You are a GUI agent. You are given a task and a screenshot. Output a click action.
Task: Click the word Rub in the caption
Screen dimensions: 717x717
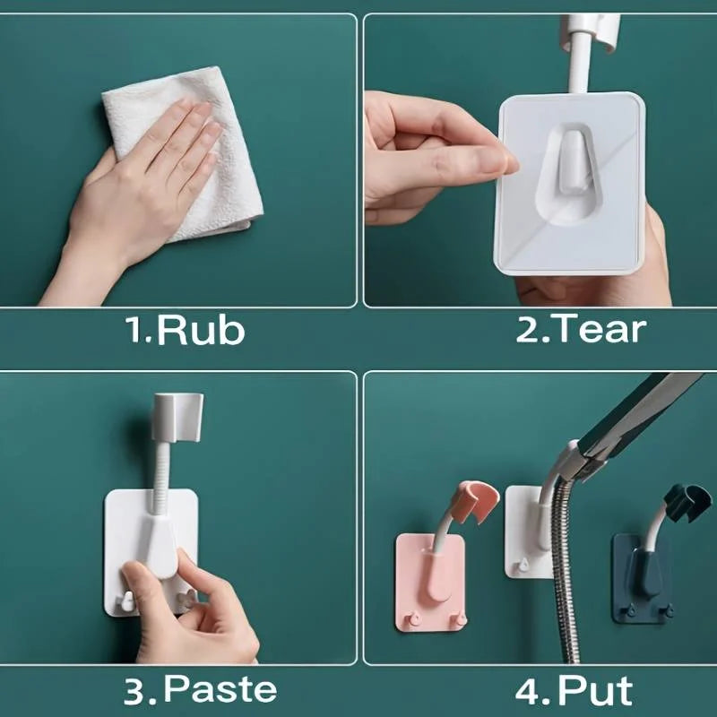(x=201, y=330)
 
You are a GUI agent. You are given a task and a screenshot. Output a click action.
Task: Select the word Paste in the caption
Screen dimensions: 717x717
(x=220, y=688)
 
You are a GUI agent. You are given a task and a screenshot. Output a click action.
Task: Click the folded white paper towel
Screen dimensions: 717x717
(x=192, y=151)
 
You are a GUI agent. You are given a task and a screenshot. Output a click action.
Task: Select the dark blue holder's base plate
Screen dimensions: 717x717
(x=641, y=578)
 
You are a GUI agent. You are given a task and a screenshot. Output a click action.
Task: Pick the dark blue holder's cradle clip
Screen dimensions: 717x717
(x=687, y=502)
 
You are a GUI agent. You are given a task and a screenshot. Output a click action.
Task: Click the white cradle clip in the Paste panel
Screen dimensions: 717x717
(x=177, y=416)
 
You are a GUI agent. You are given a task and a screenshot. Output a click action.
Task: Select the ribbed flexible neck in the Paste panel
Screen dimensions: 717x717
(x=161, y=479)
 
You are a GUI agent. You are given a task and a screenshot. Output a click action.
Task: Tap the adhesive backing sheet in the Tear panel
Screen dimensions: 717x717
(x=570, y=184)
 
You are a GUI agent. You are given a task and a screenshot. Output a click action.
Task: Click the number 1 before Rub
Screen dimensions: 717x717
(x=136, y=329)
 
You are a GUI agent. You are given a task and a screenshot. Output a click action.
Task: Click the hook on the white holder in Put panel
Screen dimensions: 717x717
(x=523, y=566)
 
